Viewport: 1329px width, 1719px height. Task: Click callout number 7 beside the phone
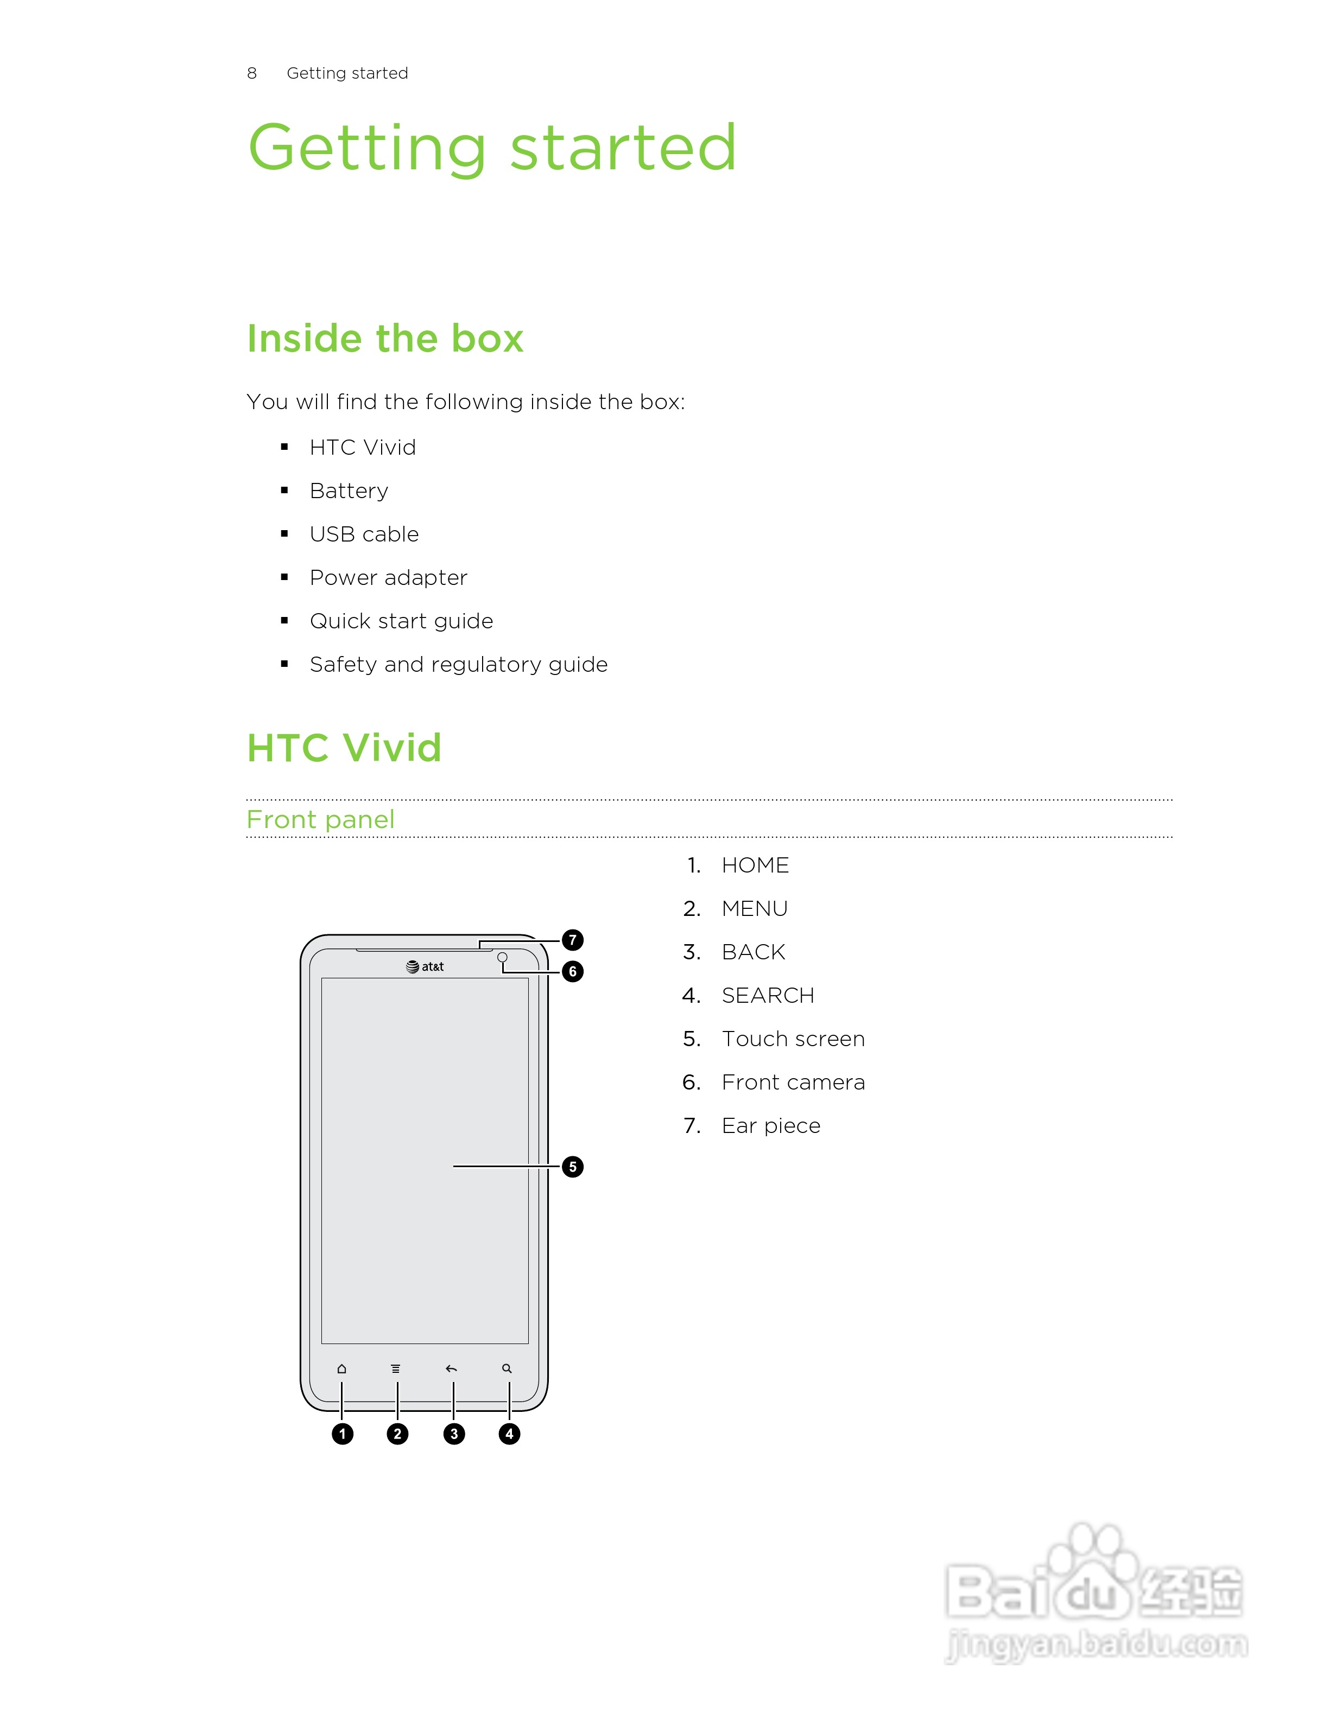click(x=572, y=940)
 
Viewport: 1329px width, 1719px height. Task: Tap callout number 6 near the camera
click(x=572, y=971)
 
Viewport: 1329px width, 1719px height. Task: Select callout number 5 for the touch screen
click(x=572, y=1167)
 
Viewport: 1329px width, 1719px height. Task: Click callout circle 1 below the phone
click(x=341, y=1434)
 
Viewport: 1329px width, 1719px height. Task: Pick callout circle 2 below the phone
click(x=397, y=1434)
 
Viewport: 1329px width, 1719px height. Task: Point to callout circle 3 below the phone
click(x=453, y=1434)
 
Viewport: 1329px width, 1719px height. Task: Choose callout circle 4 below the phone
click(x=509, y=1434)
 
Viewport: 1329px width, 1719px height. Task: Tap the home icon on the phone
click(x=341, y=1369)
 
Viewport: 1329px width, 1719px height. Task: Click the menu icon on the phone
click(x=395, y=1369)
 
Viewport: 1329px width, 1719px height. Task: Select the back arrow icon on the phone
click(x=451, y=1369)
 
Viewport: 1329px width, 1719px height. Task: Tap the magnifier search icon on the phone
click(x=507, y=1369)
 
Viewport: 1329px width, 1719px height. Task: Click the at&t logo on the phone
click(x=425, y=966)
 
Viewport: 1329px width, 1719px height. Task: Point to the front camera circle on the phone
click(x=502, y=957)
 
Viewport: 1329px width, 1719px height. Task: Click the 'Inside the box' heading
click(x=385, y=339)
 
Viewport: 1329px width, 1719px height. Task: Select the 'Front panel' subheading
click(x=320, y=819)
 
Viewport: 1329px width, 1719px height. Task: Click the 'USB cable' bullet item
click(x=364, y=534)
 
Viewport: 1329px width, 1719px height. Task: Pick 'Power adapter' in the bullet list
click(x=388, y=578)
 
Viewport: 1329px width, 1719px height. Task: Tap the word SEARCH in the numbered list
click(x=768, y=996)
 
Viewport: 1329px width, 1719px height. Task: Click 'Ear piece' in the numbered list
click(x=771, y=1125)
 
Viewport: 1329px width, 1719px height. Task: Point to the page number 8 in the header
click(x=252, y=73)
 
